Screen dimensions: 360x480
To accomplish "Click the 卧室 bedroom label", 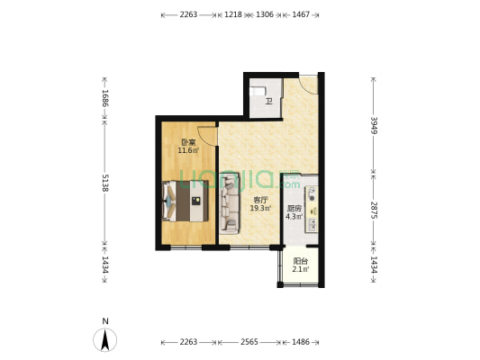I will [188, 142].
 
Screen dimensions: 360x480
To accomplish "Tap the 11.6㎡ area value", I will [188, 150].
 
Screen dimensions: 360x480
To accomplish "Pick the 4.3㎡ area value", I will [294, 217].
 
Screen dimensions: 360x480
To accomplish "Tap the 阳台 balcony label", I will [301, 262].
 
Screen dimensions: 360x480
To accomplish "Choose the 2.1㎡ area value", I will [301, 270].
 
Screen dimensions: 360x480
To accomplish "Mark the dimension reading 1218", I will [233, 15].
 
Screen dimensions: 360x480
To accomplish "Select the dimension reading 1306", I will [265, 15].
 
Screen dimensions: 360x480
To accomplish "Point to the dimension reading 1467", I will [301, 15].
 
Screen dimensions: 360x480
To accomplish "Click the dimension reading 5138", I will [105, 184].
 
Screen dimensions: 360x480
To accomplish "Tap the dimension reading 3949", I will [373, 124].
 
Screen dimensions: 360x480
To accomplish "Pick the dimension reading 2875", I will [373, 209].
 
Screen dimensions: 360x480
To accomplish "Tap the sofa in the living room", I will [228, 201].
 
